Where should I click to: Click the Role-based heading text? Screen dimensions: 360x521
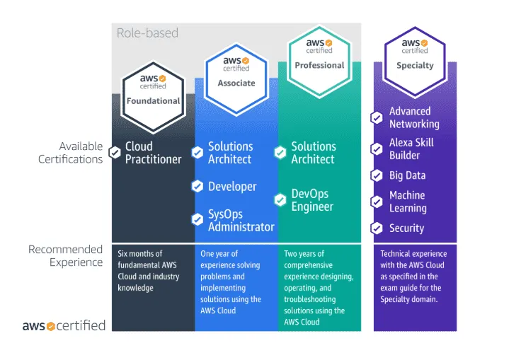[147, 33]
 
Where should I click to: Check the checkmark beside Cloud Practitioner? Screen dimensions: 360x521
[115, 152]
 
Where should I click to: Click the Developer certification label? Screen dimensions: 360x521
[232, 187]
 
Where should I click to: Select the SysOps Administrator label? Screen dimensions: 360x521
[241, 220]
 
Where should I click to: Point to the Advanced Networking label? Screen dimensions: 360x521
[414, 117]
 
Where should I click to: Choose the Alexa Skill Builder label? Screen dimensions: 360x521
[411, 149]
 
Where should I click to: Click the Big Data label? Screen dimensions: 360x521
[407, 175]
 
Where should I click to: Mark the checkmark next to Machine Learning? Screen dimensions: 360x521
[377, 202]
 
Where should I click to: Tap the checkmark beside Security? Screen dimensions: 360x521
[377, 228]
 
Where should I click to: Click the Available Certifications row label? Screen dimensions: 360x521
[71, 153]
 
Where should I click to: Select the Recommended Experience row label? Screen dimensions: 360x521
[65, 256]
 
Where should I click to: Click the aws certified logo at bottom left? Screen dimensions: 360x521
[64, 326]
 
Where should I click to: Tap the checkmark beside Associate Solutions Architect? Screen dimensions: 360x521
[197, 153]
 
